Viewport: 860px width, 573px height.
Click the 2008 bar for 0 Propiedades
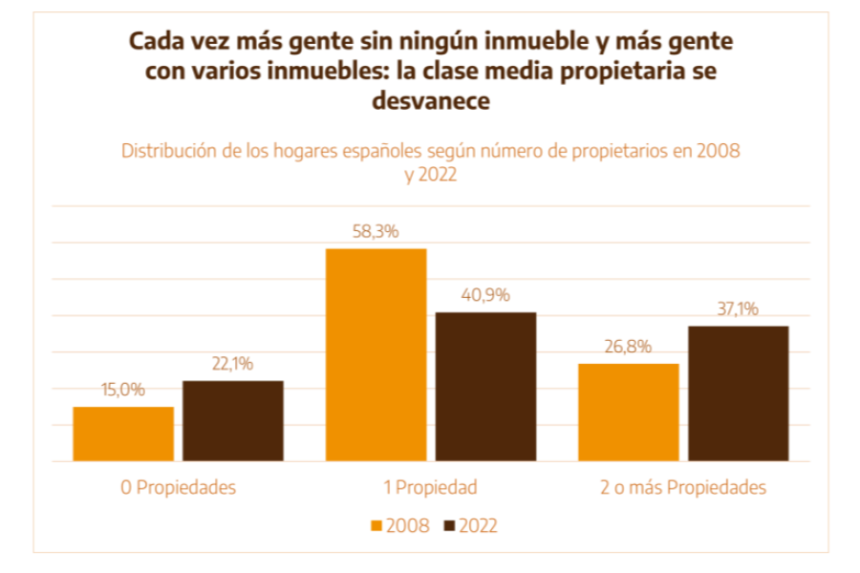(123, 434)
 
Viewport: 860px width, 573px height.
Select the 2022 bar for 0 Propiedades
(233, 420)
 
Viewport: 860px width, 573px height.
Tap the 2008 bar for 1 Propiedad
(376, 354)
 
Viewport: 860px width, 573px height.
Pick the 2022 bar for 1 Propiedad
(486, 386)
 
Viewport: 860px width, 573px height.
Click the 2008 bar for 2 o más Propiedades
(629, 412)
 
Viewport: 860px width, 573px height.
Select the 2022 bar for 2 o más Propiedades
(739, 393)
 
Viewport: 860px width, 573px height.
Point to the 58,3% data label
(376, 231)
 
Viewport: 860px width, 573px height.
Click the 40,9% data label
(486, 294)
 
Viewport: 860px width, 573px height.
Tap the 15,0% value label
(123, 390)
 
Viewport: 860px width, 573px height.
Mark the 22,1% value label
(233, 364)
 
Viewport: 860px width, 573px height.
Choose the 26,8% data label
(629, 346)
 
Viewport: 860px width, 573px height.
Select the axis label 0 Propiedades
(178, 487)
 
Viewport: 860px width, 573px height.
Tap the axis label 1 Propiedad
(430, 487)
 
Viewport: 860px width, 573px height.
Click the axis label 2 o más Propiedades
(683, 487)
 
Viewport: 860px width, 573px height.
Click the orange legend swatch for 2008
(376, 526)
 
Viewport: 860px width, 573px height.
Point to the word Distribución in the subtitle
(168, 151)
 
